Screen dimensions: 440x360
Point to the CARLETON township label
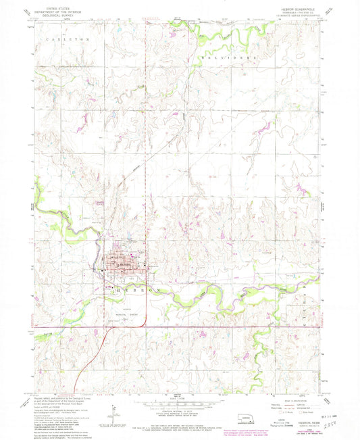[68, 40]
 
